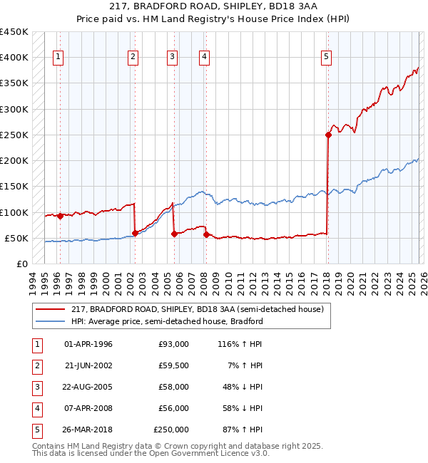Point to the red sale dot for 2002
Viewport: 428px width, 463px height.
[x=135, y=233]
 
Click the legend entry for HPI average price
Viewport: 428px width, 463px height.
[x=168, y=321]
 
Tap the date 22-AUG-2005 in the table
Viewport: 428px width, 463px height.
[x=88, y=387]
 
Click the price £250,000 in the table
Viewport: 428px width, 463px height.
[x=171, y=430]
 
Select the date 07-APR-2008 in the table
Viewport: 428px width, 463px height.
[x=88, y=408]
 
